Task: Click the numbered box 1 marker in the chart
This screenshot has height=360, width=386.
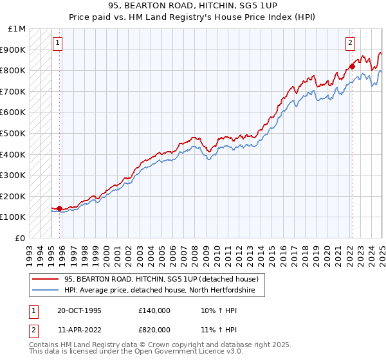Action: pos(57,43)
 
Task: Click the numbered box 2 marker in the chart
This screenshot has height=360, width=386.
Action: pos(350,43)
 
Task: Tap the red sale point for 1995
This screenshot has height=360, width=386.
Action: pos(59,208)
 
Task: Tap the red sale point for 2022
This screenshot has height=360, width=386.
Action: pos(352,66)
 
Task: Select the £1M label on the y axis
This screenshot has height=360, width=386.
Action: pos(17,29)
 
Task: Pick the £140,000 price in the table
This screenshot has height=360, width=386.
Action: pos(154,310)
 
